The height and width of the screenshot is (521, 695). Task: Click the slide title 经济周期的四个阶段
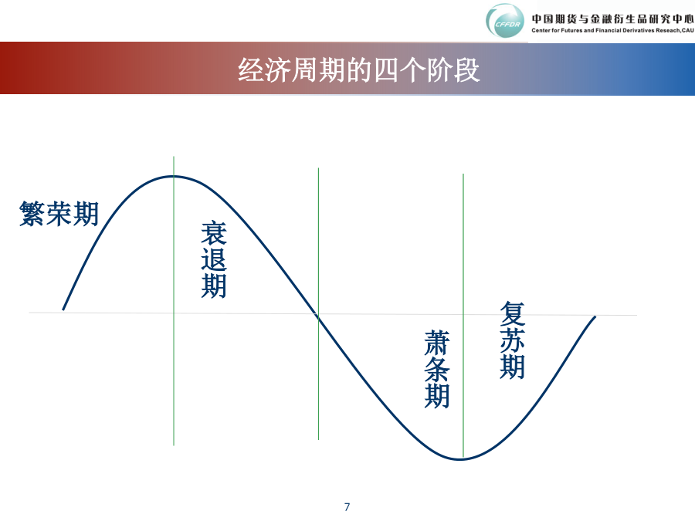(358, 69)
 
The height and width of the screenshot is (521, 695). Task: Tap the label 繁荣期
(59, 214)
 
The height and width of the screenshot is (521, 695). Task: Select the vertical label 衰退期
(214, 259)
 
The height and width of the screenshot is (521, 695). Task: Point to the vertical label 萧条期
(437, 369)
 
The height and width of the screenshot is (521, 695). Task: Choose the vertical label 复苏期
(513, 340)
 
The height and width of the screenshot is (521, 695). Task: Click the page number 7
(347, 507)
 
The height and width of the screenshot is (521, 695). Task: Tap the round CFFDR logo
(504, 22)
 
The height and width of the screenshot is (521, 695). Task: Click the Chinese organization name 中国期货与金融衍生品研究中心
(612, 19)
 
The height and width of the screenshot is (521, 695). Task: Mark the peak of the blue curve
(174, 176)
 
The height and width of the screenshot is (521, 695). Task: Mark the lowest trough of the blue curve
(460, 459)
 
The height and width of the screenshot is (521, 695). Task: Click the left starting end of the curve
(63, 310)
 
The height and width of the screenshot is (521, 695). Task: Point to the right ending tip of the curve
(595, 317)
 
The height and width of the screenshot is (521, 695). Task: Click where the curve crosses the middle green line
(318, 316)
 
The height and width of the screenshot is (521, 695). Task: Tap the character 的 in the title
(358, 70)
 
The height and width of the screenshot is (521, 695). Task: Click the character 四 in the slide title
(385, 70)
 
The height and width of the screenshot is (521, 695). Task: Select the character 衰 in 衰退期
(214, 233)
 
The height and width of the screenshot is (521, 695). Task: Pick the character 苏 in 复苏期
(513, 340)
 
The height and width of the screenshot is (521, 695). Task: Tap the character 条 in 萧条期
(437, 369)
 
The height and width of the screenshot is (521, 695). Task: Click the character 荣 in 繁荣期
(59, 214)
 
